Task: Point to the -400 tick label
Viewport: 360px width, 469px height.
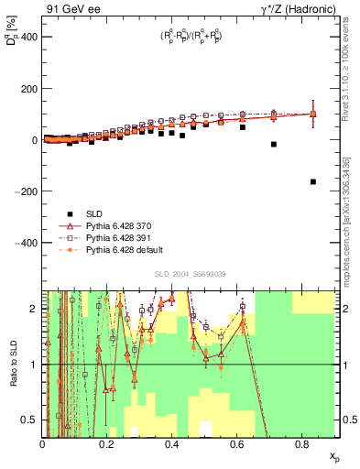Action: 26,243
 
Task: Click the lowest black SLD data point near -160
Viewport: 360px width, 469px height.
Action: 313,181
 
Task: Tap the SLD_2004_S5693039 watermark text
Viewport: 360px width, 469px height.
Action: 191,274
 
